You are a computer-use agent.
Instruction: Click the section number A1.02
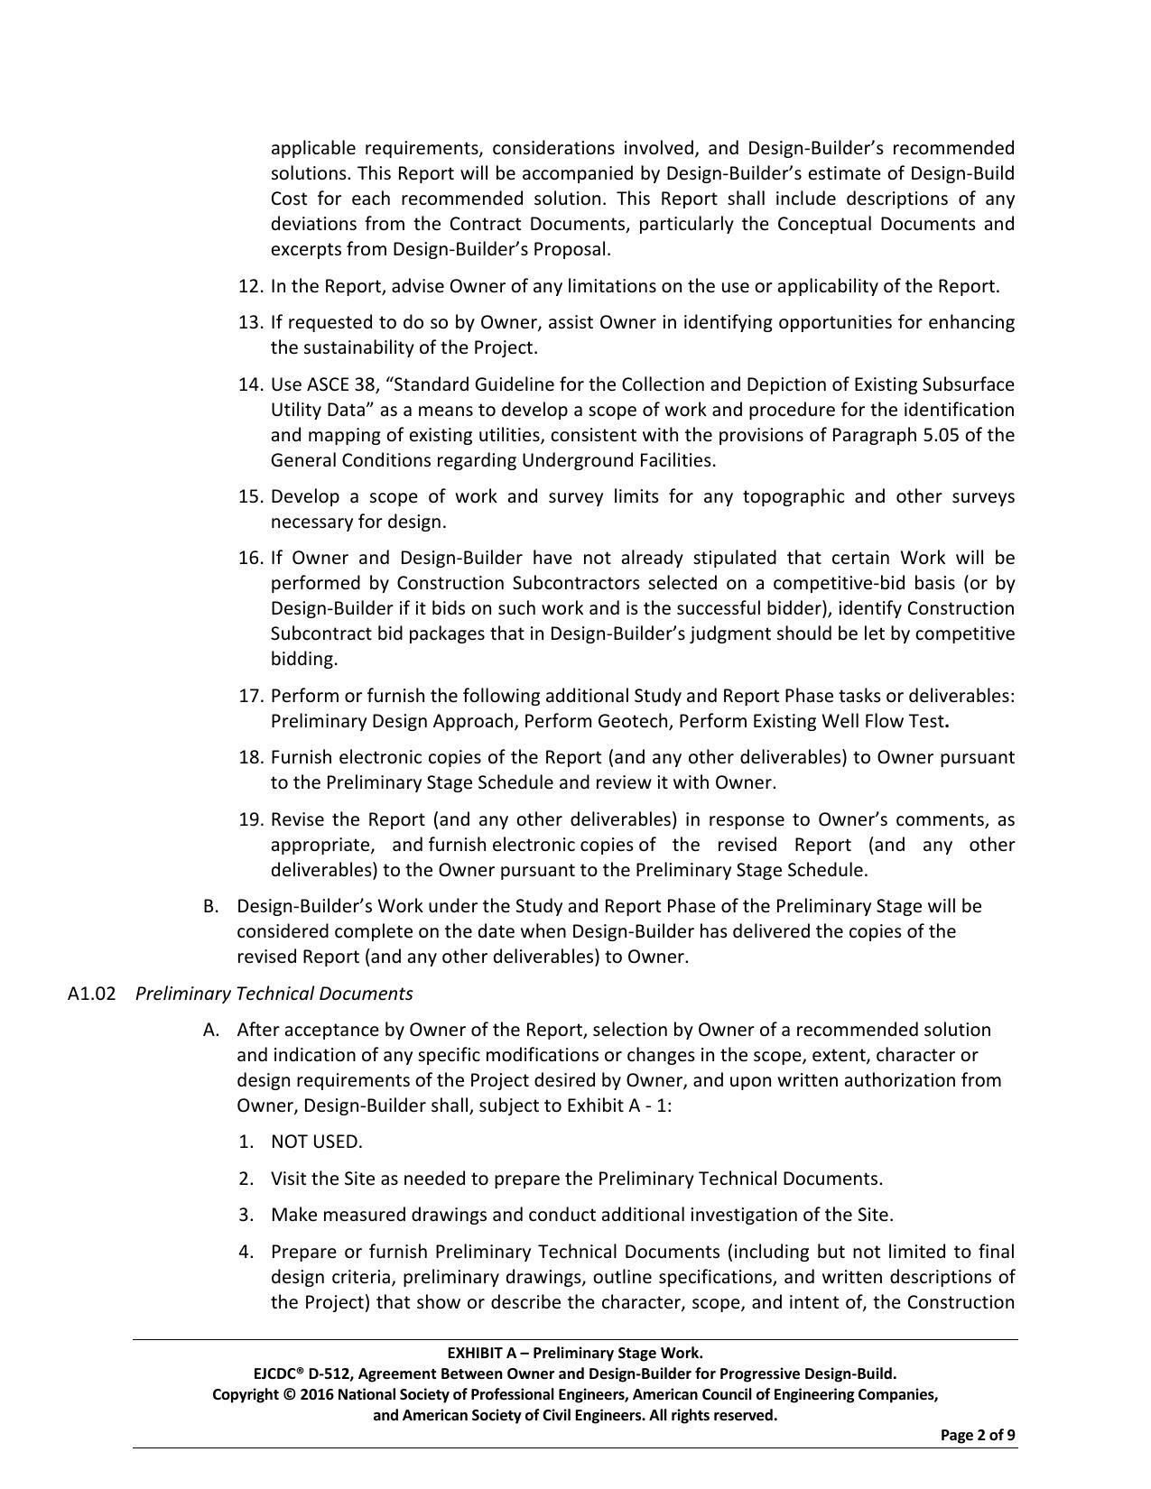pyautogui.click(x=91, y=994)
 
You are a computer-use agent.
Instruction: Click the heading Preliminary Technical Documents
pyautogui.click(x=274, y=994)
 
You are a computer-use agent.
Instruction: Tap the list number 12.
pyautogui.click(x=249, y=286)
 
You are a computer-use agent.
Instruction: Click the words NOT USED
pyautogui.click(x=316, y=1142)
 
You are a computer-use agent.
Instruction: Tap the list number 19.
pyautogui.click(x=249, y=819)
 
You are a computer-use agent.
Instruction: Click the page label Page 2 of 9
pyautogui.click(x=978, y=1435)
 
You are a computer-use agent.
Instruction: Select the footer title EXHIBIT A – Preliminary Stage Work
pyautogui.click(x=575, y=1353)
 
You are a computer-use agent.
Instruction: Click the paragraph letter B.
pyautogui.click(x=211, y=906)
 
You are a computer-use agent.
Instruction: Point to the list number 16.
pyautogui.click(x=249, y=558)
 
